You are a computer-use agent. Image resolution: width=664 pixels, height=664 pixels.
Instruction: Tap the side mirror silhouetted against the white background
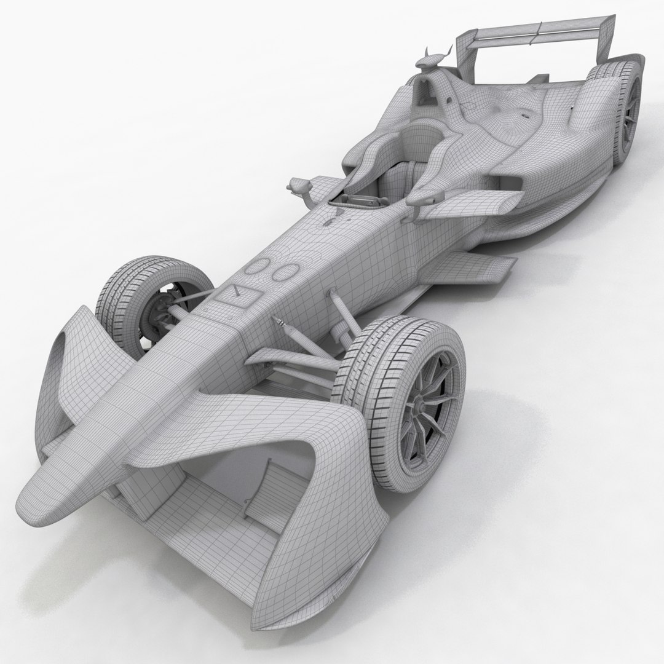[x=299, y=184]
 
